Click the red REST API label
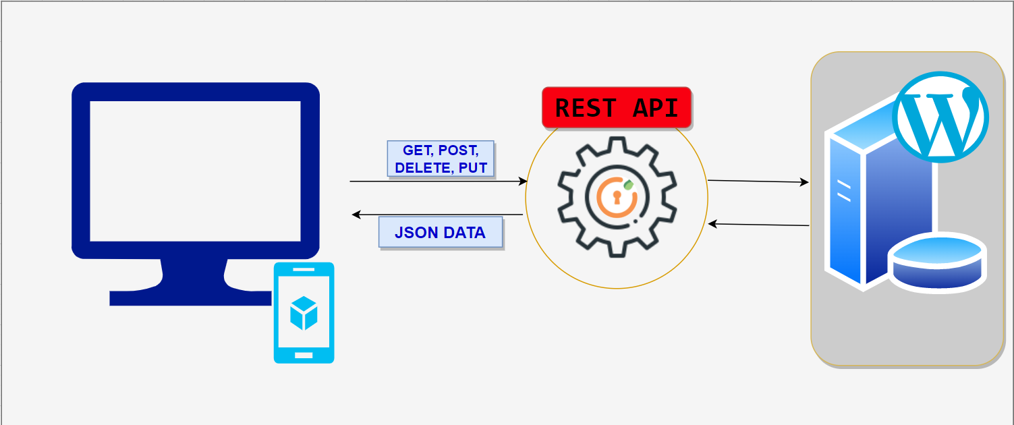pyautogui.click(x=617, y=107)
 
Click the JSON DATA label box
pyautogui.click(x=440, y=233)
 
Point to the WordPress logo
pyautogui.click(x=940, y=117)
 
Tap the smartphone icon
pyautogui.click(x=304, y=313)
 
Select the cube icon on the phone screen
pyautogui.click(x=304, y=313)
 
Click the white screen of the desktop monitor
pyautogui.click(x=195, y=171)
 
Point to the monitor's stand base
pyautogui.click(x=189, y=297)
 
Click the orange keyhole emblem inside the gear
pyautogui.click(x=615, y=197)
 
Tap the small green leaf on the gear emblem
pyautogui.click(x=628, y=183)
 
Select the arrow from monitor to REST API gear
pyautogui.click(x=439, y=181)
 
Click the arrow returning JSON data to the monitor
pyautogui.click(x=439, y=215)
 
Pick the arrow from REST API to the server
pyautogui.click(x=758, y=181)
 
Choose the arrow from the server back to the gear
pyautogui.click(x=758, y=225)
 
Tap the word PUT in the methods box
pyautogui.click(x=473, y=168)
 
